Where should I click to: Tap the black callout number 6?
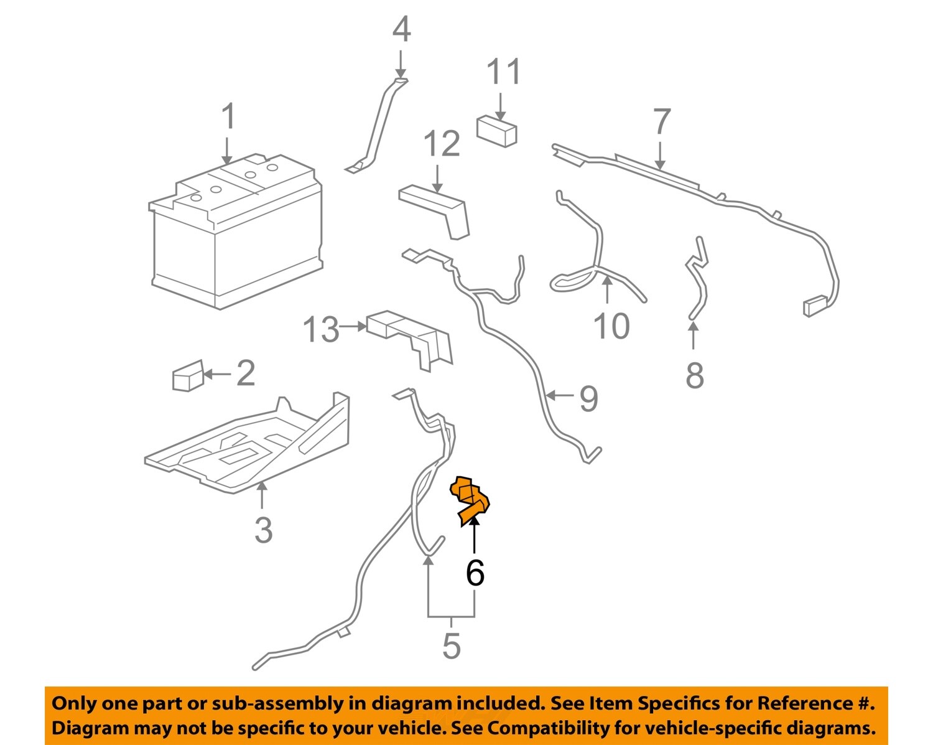point(475,573)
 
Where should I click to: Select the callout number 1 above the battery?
point(228,117)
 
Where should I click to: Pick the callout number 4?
point(401,30)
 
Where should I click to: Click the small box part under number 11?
point(496,130)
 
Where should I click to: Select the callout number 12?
point(441,144)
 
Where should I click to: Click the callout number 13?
point(321,330)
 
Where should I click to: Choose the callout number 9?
point(588,399)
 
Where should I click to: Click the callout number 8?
point(694,375)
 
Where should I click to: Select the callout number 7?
point(661,123)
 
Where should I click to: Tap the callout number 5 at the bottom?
point(451,645)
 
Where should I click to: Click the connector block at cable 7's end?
point(815,307)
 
